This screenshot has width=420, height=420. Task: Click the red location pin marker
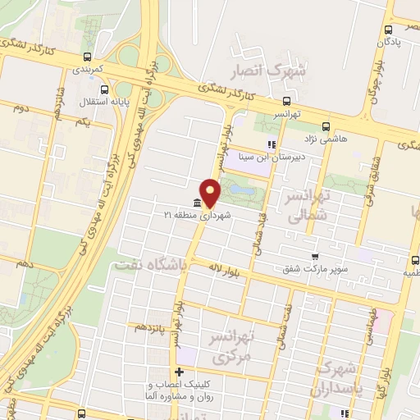211,192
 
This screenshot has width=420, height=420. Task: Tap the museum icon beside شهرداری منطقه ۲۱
196,203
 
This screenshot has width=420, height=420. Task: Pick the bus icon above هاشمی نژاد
326,126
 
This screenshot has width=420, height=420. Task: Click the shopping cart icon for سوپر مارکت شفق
314,256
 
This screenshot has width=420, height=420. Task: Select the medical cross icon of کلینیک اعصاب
180,372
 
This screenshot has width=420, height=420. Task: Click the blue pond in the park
241,189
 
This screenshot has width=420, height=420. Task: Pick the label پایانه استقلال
75,103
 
